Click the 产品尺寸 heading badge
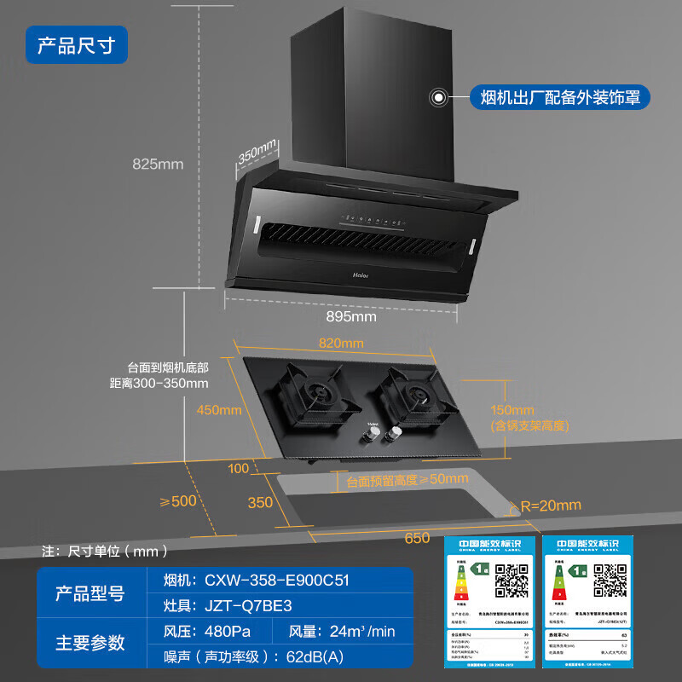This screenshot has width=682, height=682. coord(77,45)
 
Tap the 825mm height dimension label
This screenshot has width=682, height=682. coord(159,165)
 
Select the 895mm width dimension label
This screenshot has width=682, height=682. coord(351,317)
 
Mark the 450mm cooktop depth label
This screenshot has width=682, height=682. coord(219,410)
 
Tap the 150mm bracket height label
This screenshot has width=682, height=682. coord(513,410)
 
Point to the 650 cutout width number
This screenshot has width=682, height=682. coord(417,538)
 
